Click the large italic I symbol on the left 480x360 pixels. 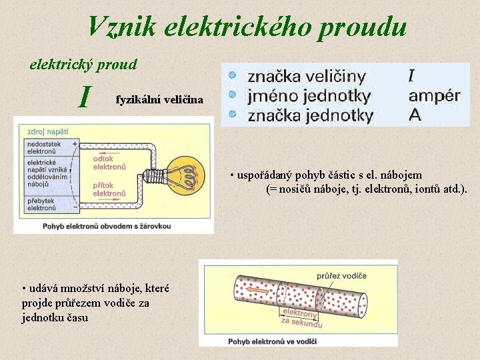coord(84,97)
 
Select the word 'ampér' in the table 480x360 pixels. coord(434,95)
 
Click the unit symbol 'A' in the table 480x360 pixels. coord(415,115)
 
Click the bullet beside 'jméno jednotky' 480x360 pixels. coord(231,95)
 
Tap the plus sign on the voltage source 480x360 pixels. coord(74,143)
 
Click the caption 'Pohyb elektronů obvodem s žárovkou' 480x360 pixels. coord(107,226)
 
